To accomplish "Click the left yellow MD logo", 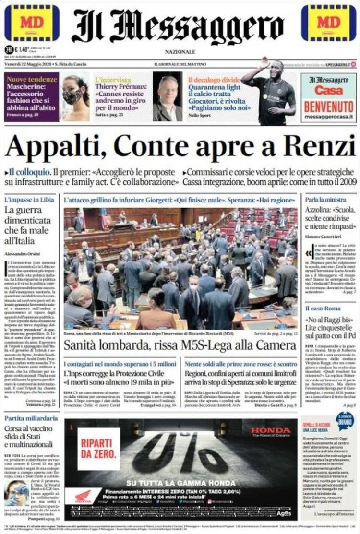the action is point(32,23).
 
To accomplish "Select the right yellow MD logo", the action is point(329,23).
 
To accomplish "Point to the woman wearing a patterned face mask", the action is point(75,97).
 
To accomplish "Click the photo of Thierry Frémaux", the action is point(168,97).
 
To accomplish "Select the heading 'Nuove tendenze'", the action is point(32,79).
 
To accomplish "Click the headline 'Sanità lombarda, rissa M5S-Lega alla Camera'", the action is point(180,344).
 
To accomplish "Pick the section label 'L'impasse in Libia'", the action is point(28,199).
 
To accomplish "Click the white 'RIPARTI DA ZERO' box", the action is point(99,449).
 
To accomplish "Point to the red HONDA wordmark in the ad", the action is point(270,430).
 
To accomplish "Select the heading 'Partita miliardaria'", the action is point(31,418).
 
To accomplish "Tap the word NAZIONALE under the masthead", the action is point(180,52).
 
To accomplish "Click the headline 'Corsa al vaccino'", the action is point(30,429).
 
